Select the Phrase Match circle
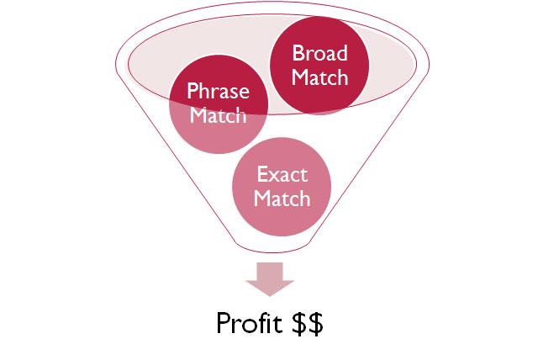pos(219,103)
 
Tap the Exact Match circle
pos(282,187)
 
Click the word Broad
pos(319,54)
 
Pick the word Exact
pos(282,175)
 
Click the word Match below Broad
pos(319,79)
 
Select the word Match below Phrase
pos(219,115)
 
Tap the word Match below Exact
pos(282,199)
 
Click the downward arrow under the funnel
pos(269,277)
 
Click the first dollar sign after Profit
pos(298,324)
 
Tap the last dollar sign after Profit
pos(314,324)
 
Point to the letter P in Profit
pos(223,324)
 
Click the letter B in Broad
pos(297,54)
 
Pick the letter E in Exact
pos(261,175)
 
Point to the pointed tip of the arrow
pos(269,294)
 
